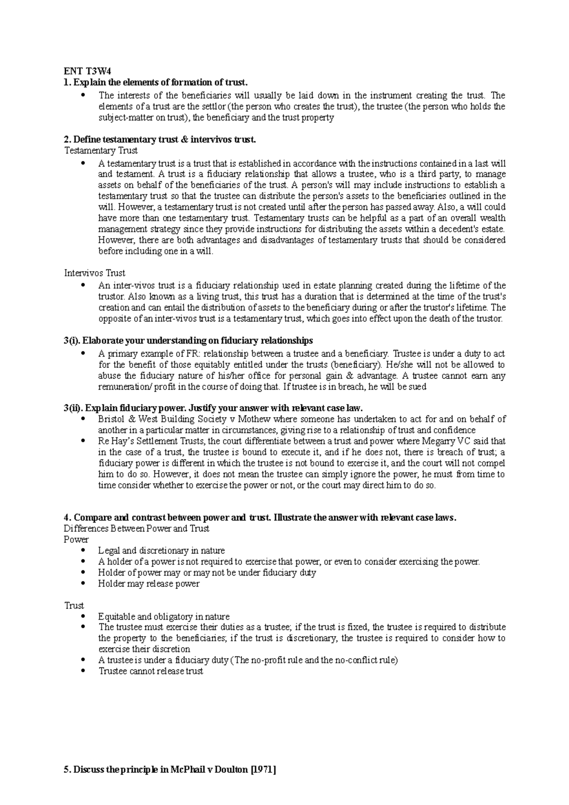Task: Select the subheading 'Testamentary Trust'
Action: [101, 151]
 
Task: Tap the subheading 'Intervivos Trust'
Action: [94, 273]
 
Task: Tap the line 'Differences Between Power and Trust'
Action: [136, 529]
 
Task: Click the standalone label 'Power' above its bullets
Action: [76, 540]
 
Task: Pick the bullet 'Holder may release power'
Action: [148, 584]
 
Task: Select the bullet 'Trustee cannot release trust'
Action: [151, 671]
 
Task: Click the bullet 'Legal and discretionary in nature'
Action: [161, 551]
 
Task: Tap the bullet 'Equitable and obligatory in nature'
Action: [164, 617]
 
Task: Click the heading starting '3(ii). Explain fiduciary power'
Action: [213, 408]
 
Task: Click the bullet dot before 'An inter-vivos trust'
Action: [83, 285]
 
